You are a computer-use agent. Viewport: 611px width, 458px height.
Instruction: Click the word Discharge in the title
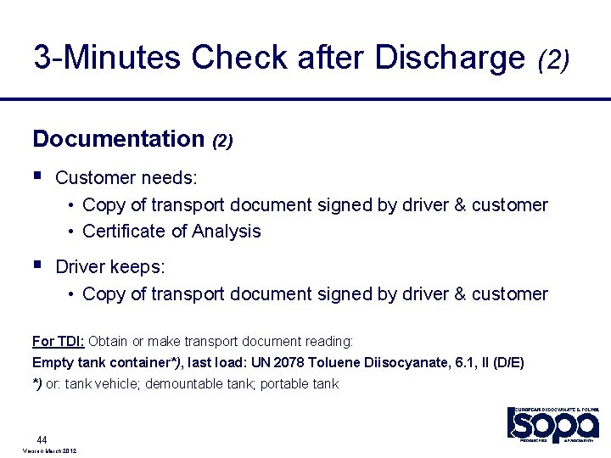tap(451, 58)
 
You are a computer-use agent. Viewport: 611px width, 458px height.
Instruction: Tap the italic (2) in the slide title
tap(553, 59)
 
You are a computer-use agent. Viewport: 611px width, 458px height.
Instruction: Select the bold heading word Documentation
tap(119, 139)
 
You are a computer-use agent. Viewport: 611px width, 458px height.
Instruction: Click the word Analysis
tap(227, 232)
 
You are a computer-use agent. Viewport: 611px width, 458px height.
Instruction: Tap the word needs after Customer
tap(169, 178)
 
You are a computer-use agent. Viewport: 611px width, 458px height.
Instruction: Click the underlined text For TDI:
tap(58, 341)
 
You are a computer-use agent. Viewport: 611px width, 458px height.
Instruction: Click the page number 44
tap(41, 439)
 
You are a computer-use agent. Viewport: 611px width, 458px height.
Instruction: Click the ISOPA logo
tap(552, 424)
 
